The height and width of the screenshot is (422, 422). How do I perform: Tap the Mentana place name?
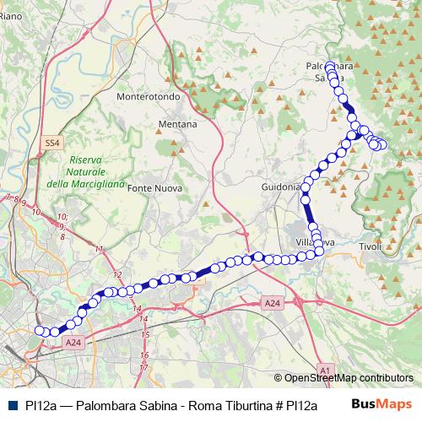point(177,124)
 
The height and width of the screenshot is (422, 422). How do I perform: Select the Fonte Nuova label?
point(150,189)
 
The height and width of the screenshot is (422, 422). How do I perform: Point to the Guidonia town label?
point(281,187)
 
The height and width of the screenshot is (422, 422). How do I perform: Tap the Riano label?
point(11,28)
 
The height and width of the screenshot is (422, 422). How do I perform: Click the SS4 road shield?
point(53,144)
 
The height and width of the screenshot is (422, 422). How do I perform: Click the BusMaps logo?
point(387,406)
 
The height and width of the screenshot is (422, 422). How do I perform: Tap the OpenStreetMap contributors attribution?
point(349,378)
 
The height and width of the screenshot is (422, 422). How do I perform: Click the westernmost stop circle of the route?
point(39,331)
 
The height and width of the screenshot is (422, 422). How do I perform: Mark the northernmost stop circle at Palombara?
point(329,65)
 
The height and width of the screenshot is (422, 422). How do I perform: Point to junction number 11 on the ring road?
point(100,250)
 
